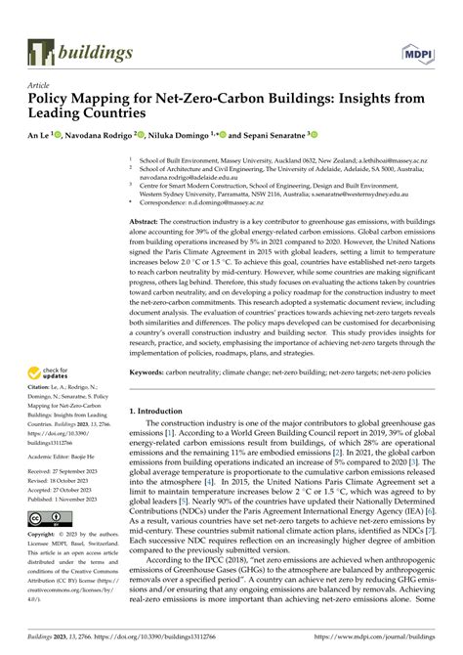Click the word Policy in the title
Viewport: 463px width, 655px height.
pos(48,99)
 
